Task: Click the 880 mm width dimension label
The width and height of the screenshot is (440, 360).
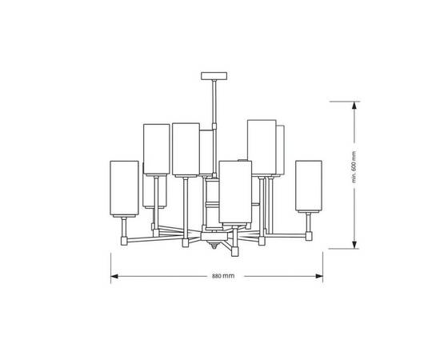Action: click(223, 276)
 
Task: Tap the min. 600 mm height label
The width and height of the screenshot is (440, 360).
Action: click(354, 166)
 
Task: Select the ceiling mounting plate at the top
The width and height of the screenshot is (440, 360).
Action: click(214, 76)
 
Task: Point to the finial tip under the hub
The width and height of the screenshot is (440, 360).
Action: click(214, 248)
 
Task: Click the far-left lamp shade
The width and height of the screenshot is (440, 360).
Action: click(124, 188)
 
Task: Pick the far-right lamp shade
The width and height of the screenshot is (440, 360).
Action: click(309, 186)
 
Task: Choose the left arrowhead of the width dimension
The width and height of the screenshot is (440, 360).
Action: click(114, 276)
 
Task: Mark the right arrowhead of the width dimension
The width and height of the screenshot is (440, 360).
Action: click(319, 276)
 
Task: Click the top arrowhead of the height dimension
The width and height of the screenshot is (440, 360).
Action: click(354, 106)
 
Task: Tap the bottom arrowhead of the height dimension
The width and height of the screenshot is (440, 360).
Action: click(354, 245)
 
